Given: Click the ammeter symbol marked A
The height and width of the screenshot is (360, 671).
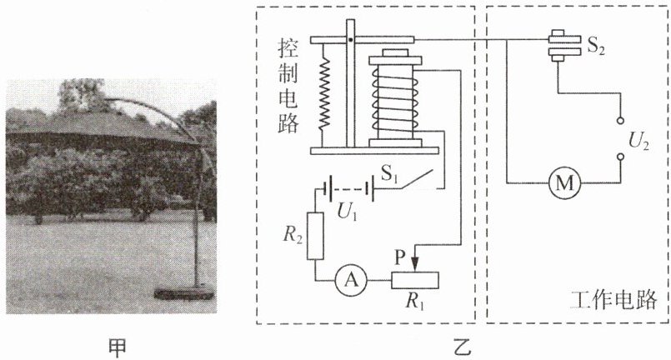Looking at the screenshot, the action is [351, 280].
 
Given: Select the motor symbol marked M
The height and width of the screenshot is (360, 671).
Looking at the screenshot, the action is [564, 182].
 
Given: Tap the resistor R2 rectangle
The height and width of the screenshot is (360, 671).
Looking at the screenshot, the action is [315, 236].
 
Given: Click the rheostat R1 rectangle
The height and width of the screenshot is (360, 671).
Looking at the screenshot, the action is [414, 280].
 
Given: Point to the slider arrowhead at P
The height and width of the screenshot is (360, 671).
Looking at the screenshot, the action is [414, 265].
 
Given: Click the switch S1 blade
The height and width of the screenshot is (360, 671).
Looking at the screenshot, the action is [418, 180].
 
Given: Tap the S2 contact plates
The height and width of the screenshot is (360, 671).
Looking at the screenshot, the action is [565, 46].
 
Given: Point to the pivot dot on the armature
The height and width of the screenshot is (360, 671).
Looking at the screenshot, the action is [350, 40].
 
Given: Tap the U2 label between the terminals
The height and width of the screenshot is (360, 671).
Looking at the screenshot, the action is [638, 142].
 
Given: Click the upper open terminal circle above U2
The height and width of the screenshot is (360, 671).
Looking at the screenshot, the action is [620, 121].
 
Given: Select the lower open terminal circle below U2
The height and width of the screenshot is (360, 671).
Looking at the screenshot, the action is [620, 157].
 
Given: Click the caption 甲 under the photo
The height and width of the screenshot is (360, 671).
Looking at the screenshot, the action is [117, 347].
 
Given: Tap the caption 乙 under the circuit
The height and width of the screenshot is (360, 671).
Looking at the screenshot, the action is [462, 347].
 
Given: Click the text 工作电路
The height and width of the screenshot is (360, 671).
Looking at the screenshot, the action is [613, 300].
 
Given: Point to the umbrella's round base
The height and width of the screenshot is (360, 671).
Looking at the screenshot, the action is [184, 292].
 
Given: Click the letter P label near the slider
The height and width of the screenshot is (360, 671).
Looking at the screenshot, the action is [400, 257].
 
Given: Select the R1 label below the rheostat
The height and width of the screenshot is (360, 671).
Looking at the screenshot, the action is [413, 302].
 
